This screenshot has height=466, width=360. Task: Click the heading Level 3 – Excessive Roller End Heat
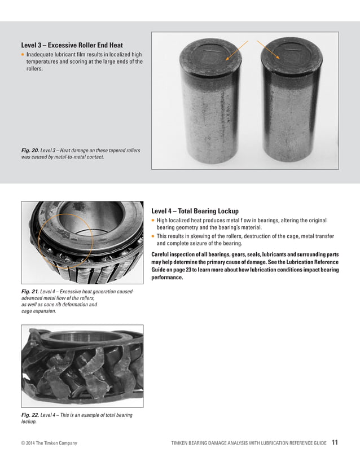pyautogui.click(x=72, y=45)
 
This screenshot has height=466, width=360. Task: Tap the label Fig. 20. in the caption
pyautogui.click(x=30, y=151)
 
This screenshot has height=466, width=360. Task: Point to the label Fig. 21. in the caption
pyautogui.click(x=30, y=292)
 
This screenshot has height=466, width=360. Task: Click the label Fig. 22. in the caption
pyautogui.click(x=30, y=415)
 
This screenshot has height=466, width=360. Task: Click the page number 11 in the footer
pyautogui.click(x=335, y=442)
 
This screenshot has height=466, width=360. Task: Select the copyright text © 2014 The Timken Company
pyautogui.click(x=49, y=443)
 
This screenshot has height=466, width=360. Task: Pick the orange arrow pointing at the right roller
pyautogui.click(x=269, y=49)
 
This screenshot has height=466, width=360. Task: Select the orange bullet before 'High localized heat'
pyautogui.click(x=153, y=221)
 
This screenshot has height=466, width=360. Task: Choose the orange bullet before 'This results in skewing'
pyautogui.click(x=153, y=236)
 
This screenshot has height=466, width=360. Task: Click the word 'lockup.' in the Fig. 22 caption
pyautogui.click(x=29, y=421)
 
